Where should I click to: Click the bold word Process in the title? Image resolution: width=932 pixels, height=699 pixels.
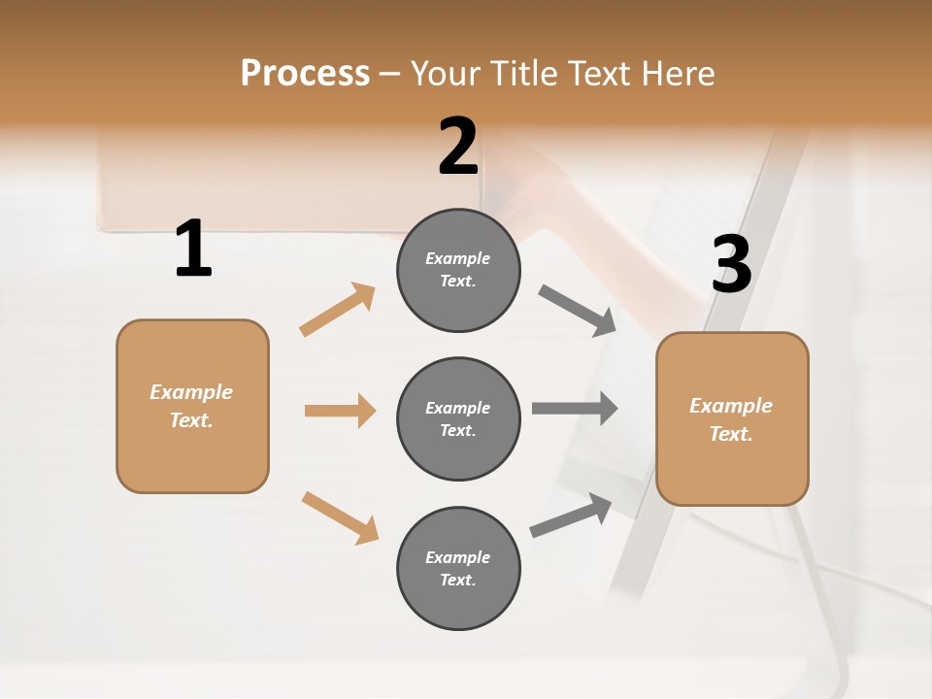click(x=305, y=73)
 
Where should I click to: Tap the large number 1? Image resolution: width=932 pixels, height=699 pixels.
click(x=193, y=249)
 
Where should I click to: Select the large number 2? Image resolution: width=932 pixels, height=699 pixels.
click(x=458, y=147)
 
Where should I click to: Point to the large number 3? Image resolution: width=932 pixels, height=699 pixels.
click(x=731, y=265)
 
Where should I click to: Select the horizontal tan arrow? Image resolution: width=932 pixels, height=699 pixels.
click(x=340, y=411)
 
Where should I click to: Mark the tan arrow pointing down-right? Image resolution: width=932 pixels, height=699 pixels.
click(x=340, y=517)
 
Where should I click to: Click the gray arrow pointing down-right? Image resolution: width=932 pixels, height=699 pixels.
click(x=578, y=311)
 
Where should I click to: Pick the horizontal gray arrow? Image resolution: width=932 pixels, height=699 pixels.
click(x=575, y=408)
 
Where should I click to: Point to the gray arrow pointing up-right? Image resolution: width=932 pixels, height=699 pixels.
click(x=571, y=515)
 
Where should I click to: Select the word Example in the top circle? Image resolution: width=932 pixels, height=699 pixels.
click(x=457, y=258)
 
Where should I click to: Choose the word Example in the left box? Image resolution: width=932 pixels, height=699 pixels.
click(x=191, y=392)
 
